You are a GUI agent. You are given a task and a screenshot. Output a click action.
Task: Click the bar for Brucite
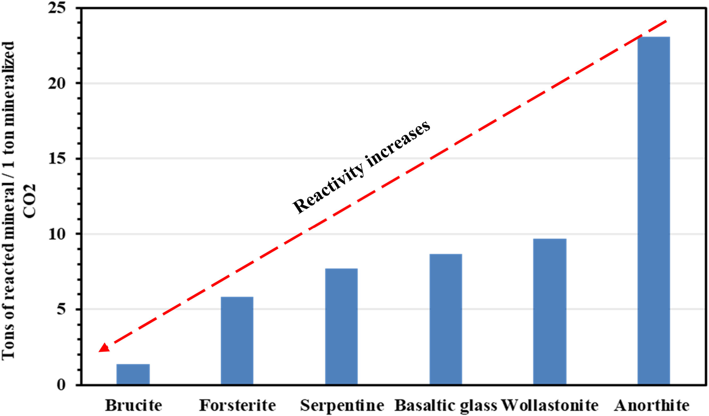(x=133, y=374)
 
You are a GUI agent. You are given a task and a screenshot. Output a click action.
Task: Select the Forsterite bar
(x=237, y=341)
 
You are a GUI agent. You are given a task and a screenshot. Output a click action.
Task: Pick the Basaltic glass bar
(x=446, y=319)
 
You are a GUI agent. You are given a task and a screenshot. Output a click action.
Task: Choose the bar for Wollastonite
(x=550, y=311)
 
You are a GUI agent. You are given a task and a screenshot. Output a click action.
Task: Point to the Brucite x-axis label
(x=134, y=405)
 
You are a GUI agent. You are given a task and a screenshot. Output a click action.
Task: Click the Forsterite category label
(x=237, y=405)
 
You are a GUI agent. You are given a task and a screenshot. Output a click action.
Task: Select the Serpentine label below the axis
(x=342, y=405)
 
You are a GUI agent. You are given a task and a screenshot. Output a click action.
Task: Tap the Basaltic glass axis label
(x=446, y=405)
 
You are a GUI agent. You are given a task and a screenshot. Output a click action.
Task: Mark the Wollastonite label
(x=550, y=405)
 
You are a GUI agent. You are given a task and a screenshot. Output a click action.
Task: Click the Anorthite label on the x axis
(x=652, y=405)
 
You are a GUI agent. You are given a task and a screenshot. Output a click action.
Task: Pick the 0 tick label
(x=61, y=385)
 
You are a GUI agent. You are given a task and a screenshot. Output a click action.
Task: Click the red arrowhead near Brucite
(x=104, y=347)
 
